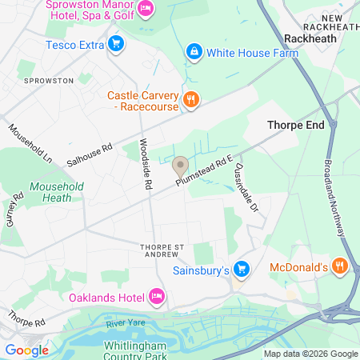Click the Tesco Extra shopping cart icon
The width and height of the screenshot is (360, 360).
(117, 44)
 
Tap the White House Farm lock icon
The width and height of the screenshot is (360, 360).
(194, 53)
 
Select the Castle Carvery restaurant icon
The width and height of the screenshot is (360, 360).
(190, 100)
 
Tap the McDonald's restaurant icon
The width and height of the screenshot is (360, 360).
(339, 266)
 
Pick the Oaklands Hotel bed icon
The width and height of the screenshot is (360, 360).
(158, 298)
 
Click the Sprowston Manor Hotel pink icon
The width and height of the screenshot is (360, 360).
(146, 9)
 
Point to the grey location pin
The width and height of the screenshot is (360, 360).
(181, 166)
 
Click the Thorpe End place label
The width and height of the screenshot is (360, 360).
(294, 125)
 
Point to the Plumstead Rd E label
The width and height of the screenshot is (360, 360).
(205, 172)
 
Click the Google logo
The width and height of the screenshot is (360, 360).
(26, 350)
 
